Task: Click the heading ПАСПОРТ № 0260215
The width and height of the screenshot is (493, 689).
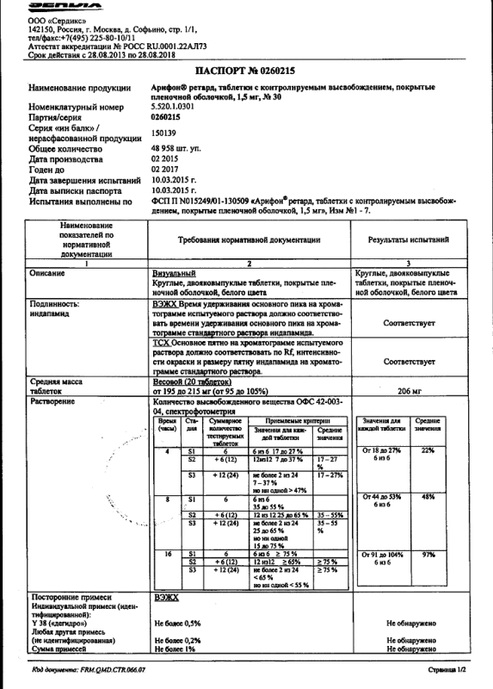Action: coord(246,71)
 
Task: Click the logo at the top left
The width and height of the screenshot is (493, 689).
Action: coord(56,6)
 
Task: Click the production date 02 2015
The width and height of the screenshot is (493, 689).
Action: coord(163,159)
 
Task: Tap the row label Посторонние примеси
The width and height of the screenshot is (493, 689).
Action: coord(69,596)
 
